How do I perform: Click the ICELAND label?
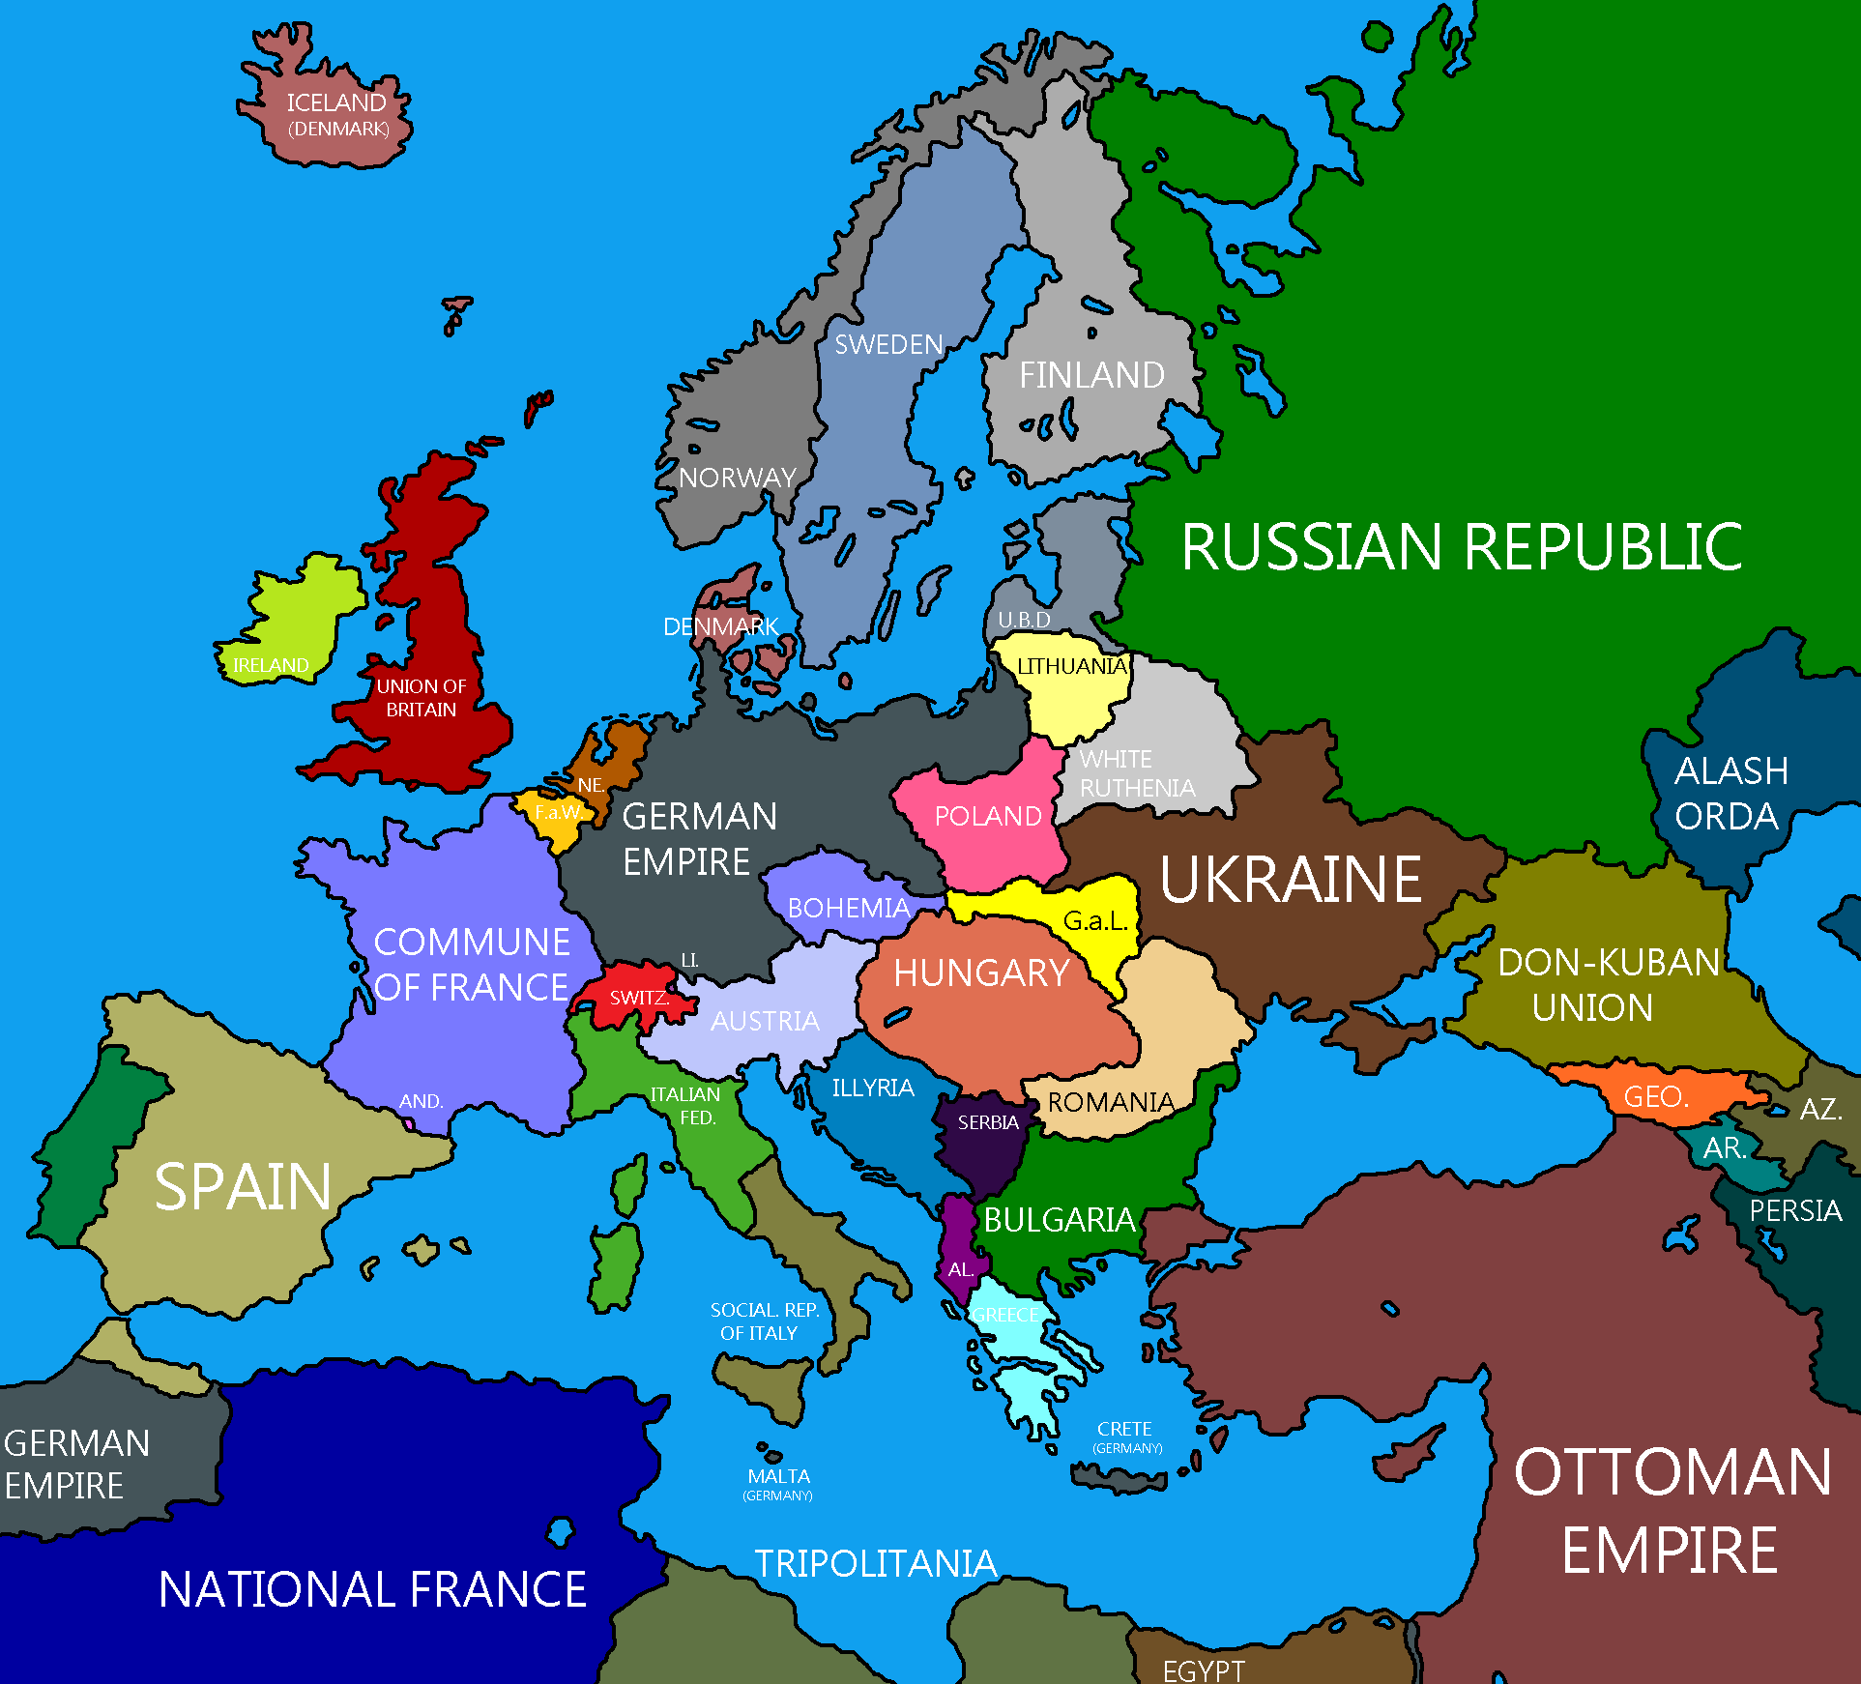335,102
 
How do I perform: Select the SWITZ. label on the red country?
639,998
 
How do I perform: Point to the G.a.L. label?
1095,921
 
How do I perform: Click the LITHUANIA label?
1071,666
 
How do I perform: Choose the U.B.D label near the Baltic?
1024,620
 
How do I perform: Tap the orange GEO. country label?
1656,1097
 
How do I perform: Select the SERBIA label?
988,1122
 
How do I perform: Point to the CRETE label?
1124,1429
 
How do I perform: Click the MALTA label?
778,1476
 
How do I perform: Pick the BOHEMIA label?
849,908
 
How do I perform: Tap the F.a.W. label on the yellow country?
558,812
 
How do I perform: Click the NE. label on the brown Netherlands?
591,785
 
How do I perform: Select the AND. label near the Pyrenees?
421,1101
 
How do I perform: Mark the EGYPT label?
1203,1670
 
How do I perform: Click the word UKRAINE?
1290,880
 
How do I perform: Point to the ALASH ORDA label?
1730,794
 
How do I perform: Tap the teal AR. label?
1724,1148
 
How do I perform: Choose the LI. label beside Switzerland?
689,960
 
